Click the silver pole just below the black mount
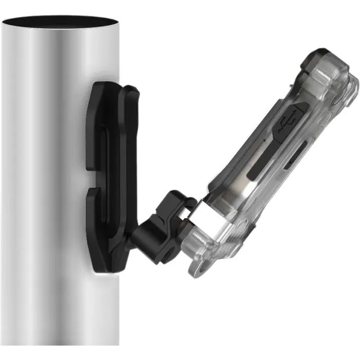tap(62, 309)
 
